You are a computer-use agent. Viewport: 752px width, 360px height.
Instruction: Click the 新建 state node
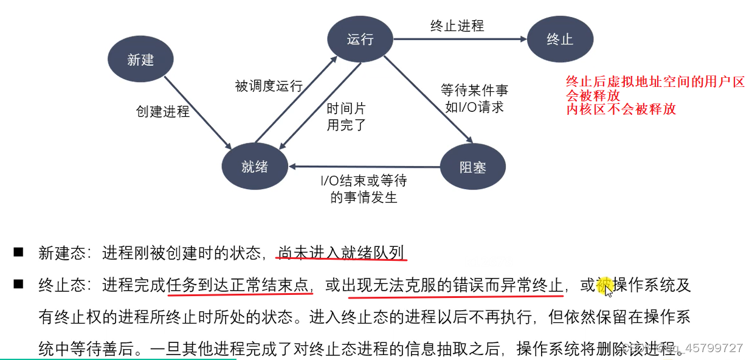click(x=140, y=60)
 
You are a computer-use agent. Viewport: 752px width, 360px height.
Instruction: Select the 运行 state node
click(x=360, y=40)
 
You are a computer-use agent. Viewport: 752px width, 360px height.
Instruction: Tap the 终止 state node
click(x=559, y=40)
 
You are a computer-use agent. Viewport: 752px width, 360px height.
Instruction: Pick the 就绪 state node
click(x=255, y=167)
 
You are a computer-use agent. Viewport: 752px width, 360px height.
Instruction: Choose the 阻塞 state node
click(x=472, y=167)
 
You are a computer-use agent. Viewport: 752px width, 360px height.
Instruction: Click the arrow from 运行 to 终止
click(x=460, y=40)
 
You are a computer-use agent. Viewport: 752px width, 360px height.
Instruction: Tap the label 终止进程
click(x=457, y=26)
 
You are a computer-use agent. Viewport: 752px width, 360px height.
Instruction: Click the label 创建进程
click(x=162, y=112)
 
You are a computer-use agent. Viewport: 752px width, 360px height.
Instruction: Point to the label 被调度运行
click(x=269, y=86)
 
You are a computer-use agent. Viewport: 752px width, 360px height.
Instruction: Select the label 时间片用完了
click(x=347, y=117)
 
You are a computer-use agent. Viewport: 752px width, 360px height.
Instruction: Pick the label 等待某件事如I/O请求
click(x=474, y=99)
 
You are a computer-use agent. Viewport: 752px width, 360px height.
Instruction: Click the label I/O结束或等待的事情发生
click(x=364, y=189)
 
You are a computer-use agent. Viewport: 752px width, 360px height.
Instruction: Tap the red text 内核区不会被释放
click(x=621, y=109)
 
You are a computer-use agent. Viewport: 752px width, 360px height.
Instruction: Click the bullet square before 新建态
click(x=18, y=252)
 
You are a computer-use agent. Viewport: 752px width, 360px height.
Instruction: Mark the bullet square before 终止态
click(x=18, y=284)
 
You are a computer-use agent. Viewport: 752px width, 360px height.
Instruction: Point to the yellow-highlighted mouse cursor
click(x=607, y=288)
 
